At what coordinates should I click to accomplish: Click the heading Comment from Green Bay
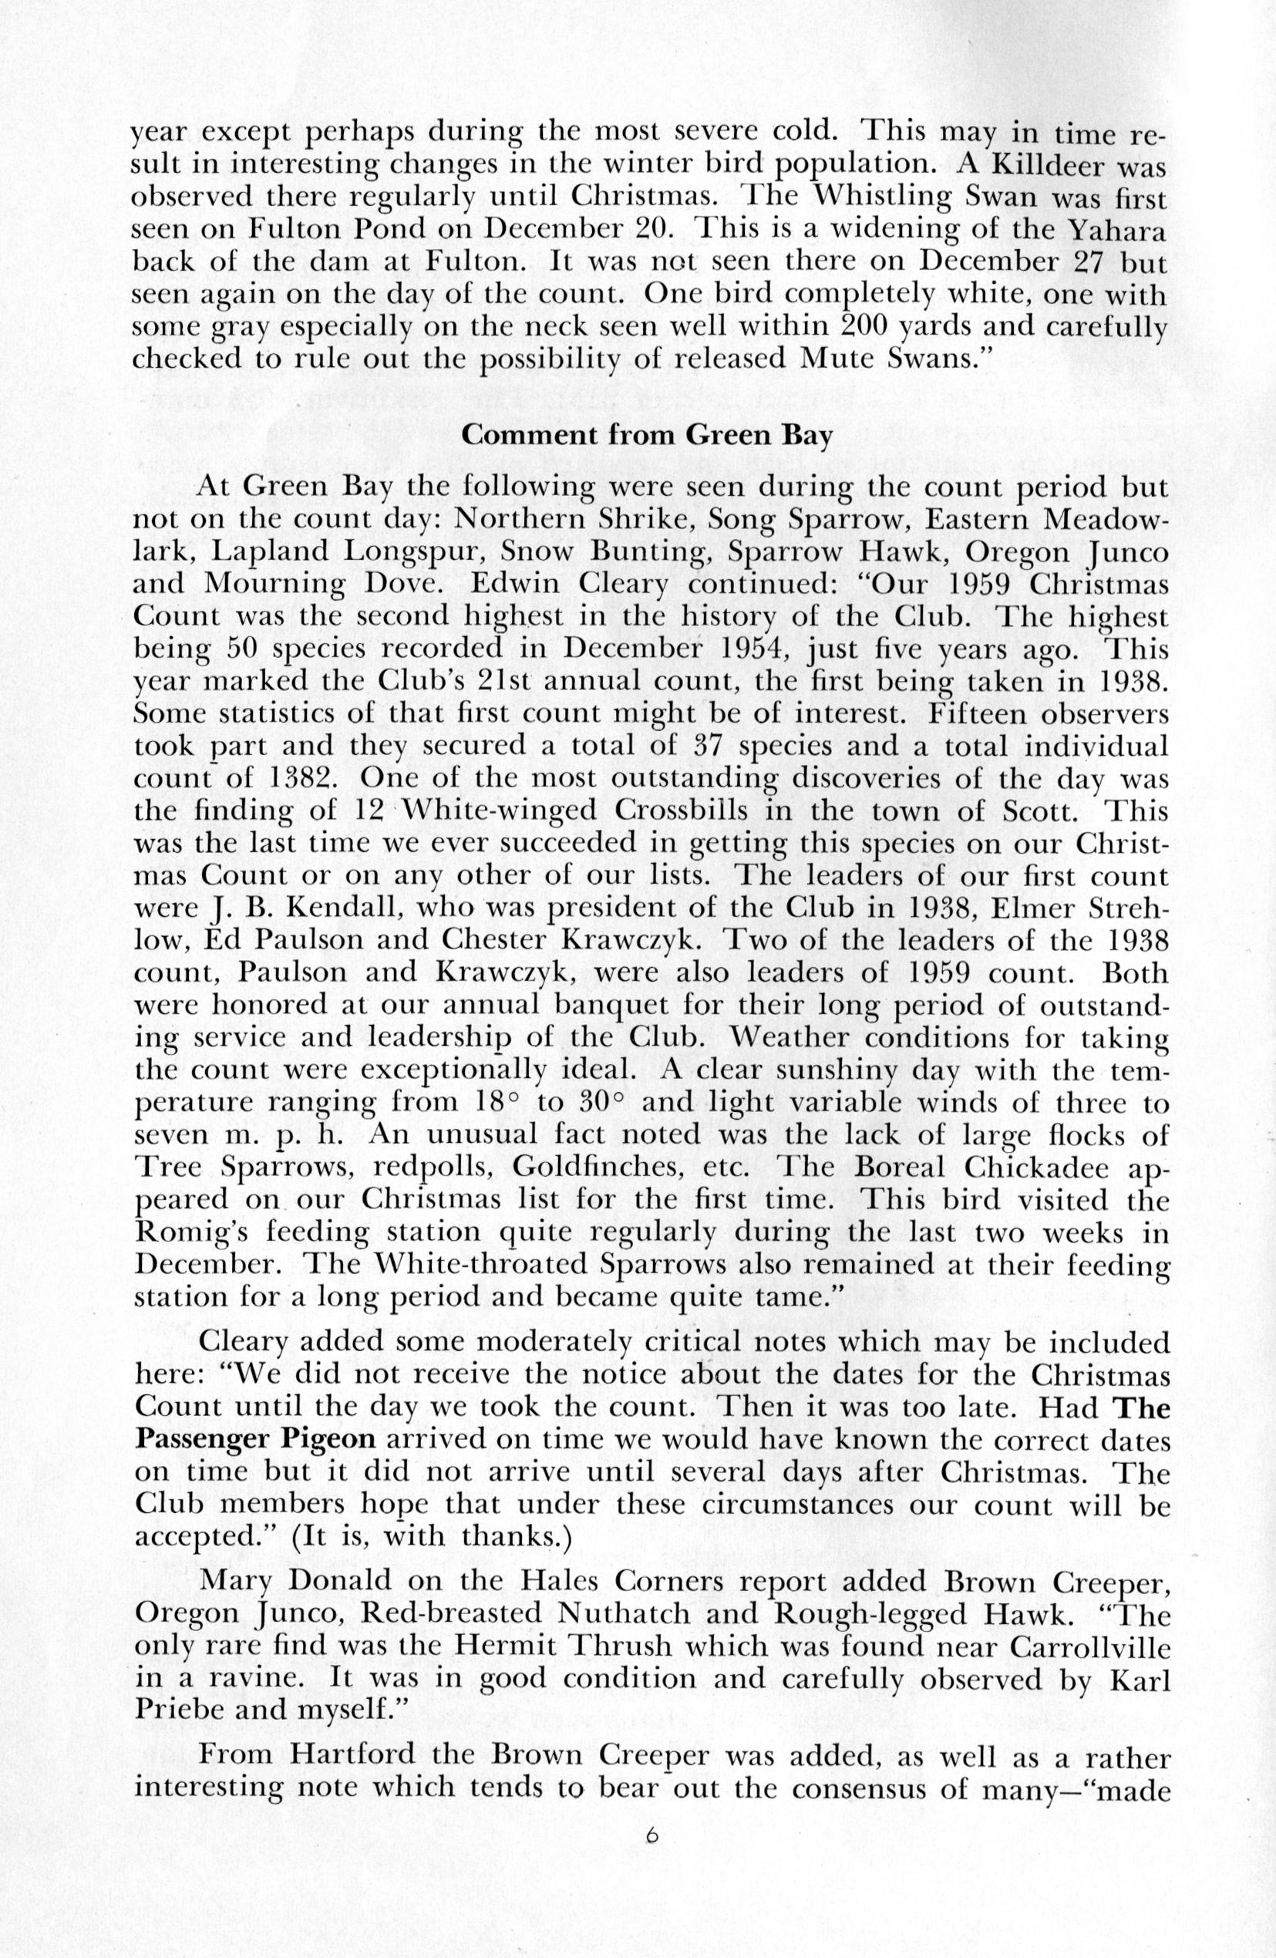[646, 434]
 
